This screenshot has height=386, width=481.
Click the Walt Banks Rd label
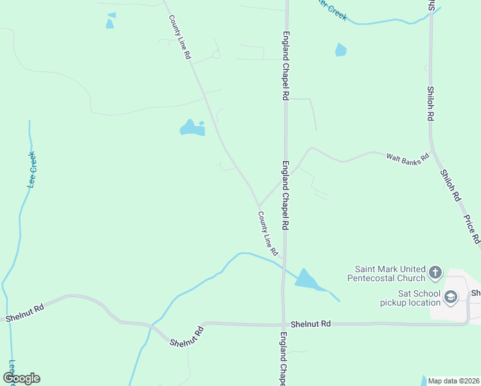[407, 158]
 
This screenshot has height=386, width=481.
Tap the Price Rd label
[471, 229]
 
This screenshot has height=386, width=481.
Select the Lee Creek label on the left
[32, 169]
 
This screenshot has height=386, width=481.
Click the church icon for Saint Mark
[435, 273]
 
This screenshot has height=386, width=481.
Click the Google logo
[21, 378]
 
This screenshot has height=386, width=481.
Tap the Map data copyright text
[453, 381]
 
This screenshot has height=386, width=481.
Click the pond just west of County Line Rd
[192, 129]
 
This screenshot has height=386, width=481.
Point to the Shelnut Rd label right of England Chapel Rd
[310, 324]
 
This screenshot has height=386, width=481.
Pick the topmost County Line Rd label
[180, 38]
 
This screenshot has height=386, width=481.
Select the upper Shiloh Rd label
[430, 104]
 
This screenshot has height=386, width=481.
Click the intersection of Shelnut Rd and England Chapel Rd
[283, 324]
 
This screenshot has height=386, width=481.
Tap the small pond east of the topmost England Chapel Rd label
[341, 50]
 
